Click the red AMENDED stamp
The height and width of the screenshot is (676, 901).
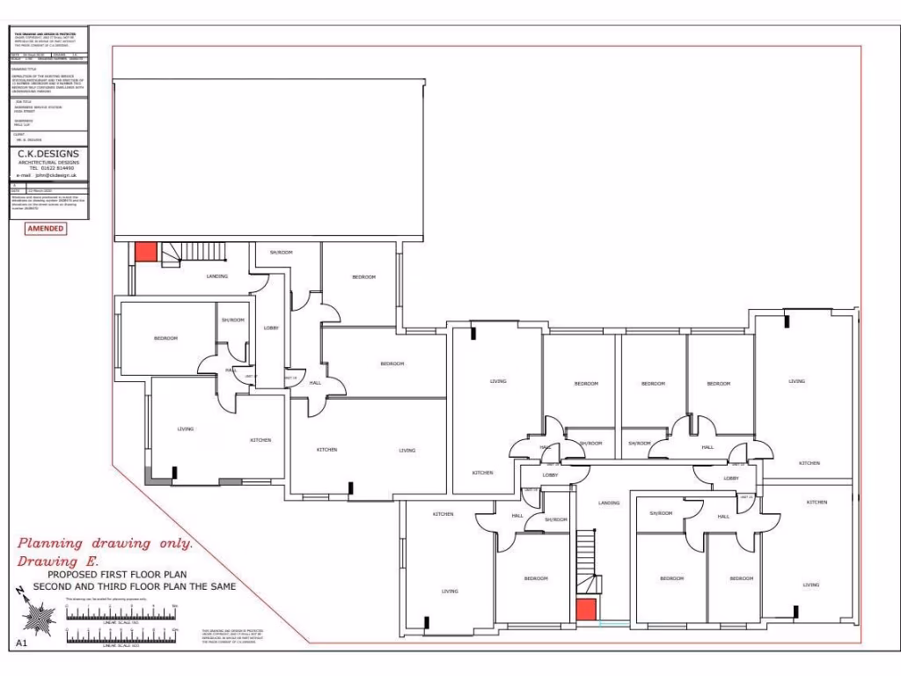pos(45,228)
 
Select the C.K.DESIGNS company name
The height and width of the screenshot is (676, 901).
pos(49,154)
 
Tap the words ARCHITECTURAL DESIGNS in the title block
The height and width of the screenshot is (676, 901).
pos(49,162)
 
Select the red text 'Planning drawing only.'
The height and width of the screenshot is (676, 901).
pos(105,544)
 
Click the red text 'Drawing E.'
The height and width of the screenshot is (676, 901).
pos(59,561)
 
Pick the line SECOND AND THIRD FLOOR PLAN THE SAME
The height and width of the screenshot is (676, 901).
pos(134,586)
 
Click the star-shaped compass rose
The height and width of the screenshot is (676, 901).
pos(38,619)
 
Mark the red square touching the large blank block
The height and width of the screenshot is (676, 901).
pos(145,252)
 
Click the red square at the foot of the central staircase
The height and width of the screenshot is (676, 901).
pos(585,609)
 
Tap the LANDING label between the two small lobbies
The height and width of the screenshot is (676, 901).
pos(609,503)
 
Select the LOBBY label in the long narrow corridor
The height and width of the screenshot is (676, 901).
pos(271,328)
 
